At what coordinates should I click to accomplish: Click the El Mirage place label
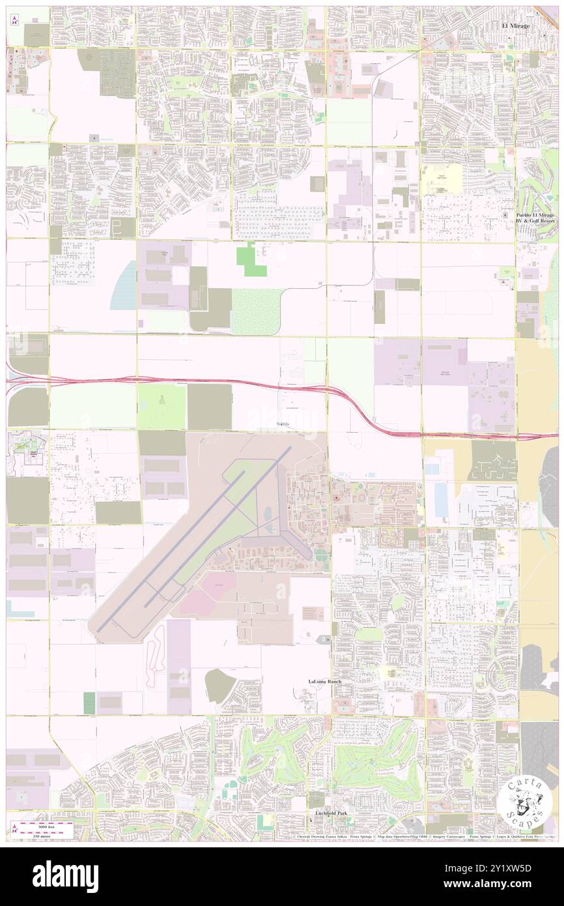515,25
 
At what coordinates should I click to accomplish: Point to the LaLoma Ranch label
324,681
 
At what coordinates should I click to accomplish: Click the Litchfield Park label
324,815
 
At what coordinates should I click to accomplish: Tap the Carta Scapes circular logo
526,802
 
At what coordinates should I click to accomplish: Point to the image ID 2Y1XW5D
514,868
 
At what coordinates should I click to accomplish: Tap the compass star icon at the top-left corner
14,20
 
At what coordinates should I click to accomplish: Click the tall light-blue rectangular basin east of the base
440,497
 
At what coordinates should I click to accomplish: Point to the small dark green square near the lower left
89,701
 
